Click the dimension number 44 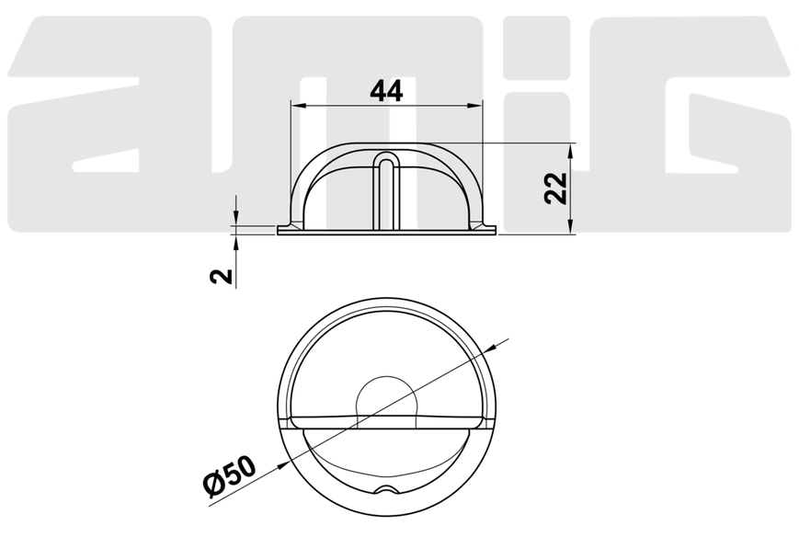point(386,91)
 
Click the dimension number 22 point(555,189)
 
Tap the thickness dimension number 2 point(222,276)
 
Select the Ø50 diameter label point(230,476)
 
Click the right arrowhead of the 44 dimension point(475,106)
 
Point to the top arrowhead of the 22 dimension point(571,151)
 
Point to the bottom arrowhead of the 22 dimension point(571,227)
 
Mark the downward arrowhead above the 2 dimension point(236,218)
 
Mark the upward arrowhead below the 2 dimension point(236,242)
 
